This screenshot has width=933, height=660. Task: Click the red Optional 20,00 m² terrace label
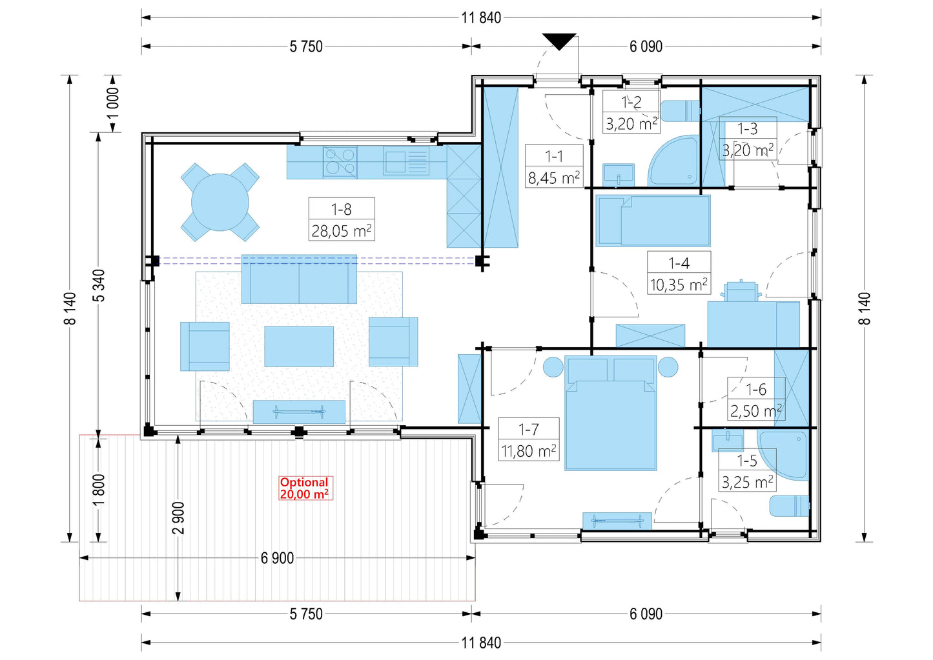pyautogui.click(x=305, y=488)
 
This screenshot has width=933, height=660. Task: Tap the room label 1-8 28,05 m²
pyautogui.click(x=342, y=219)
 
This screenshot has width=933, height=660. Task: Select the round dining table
pyautogui.click(x=220, y=202)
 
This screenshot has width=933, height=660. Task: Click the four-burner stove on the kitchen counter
pyautogui.click(x=340, y=162)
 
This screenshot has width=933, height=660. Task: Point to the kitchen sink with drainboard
pyautogui.click(x=405, y=161)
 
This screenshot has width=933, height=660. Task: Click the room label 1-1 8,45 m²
pyautogui.click(x=554, y=166)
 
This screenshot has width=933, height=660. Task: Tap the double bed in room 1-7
pyautogui.click(x=611, y=413)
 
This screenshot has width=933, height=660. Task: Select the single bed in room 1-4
pyautogui.click(x=653, y=221)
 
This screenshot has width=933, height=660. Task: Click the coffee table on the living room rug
pyautogui.click(x=299, y=346)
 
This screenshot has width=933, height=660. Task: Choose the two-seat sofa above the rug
pyautogui.click(x=299, y=279)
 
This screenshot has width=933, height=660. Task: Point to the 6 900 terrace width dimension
pyautogui.click(x=278, y=557)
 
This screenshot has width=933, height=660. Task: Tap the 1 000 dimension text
pyautogui.click(x=113, y=104)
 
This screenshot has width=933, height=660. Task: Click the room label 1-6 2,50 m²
pyautogui.click(x=756, y=399)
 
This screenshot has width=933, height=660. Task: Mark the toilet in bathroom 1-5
pyautogui.click(x=789, y=506)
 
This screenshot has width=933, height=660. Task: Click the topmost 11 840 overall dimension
pyautogui.click(x=481, y=18)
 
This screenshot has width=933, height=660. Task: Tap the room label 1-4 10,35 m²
pyautogui.click(x=679, y=273)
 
